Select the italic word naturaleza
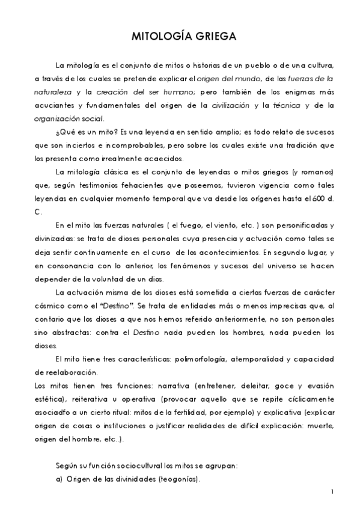(x=54, y=91)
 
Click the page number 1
(x=332, y=492)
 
